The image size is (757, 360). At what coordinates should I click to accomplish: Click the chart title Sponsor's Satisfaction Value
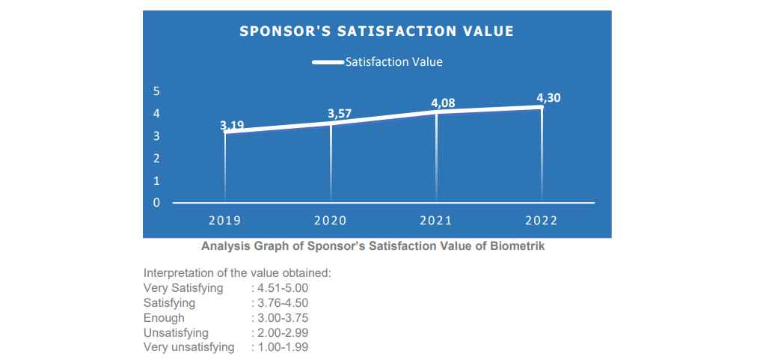point(376,31)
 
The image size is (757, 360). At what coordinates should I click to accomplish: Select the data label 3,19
point(232,126)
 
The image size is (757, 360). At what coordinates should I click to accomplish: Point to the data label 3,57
point(340,114)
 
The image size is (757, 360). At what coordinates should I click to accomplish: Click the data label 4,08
point(443,103)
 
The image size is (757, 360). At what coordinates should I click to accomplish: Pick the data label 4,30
point(548,97)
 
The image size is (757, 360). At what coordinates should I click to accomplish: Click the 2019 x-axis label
point(224,221)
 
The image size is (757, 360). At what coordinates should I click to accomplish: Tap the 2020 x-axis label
point(330,221)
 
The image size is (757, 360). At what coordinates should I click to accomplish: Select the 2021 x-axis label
point(436,221)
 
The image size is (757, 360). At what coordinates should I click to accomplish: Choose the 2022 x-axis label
point(542,221)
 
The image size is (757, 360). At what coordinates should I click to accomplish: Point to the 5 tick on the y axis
point(156,91)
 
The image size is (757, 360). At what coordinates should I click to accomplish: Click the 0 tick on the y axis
point(156,203)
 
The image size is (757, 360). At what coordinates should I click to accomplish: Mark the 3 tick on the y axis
point(156,136)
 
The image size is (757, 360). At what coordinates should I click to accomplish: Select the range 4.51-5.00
point(282,287)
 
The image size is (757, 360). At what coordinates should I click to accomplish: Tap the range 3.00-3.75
point(282,317)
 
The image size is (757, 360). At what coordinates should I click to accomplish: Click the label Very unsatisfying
point(189,347)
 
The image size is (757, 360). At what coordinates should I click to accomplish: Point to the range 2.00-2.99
point(282,332)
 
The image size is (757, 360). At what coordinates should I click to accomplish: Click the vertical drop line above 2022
point(542,157)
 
